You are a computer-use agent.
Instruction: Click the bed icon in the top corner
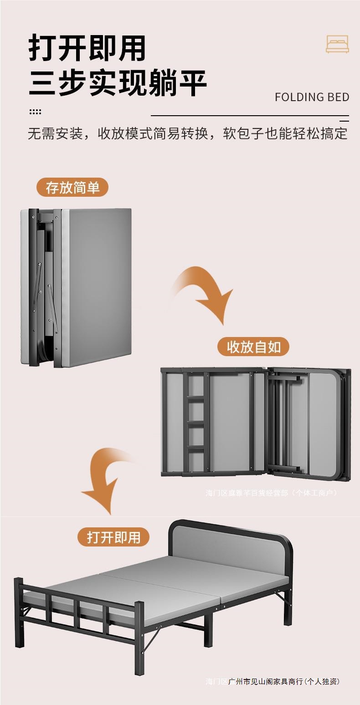tap(337, 44)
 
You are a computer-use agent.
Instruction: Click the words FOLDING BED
tap(312, 97)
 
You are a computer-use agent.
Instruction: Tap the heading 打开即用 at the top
tap(87, 48)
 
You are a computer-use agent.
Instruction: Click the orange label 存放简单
tap(72, 187)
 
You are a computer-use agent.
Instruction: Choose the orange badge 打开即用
tap(114, 537)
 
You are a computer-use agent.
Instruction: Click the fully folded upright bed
tap(77, 287)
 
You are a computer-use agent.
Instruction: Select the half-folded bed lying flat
tap(255, 423)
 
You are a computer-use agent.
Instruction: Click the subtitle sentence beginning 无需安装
tap(187, 133)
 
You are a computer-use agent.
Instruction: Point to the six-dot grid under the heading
tap(35, 112)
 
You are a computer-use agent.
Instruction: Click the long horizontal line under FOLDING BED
tap(250, 116)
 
